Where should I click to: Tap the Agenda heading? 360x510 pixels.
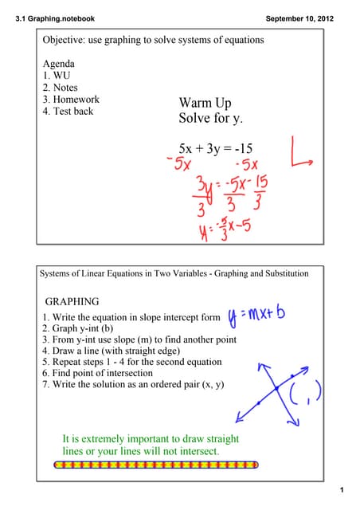59,64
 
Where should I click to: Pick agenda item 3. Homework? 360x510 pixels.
71,100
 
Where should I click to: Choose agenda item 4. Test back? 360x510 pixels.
68,112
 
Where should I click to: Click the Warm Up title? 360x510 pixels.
205,103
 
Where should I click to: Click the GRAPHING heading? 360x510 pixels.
72,302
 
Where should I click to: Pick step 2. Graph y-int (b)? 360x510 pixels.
88,328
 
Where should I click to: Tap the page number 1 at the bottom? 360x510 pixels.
339,488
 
